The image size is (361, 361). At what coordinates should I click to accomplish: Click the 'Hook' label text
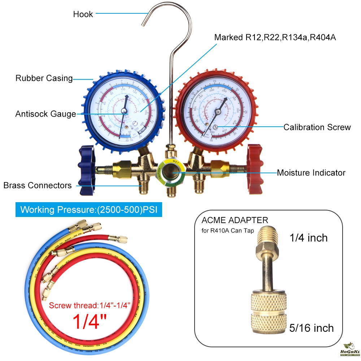click(x=83, y=14)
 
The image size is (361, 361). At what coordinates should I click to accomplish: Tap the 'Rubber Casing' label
click(x=44, y=78)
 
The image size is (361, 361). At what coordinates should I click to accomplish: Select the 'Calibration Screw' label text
click(x=317, y=127)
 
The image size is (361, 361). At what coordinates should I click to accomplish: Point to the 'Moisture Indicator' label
click(x=311, y=173)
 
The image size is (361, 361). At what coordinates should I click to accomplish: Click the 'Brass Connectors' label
click(x=38, y=186)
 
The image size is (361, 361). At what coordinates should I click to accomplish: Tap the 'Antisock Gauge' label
click(x=46, y=114)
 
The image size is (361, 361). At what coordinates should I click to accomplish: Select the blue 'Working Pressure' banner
click(x=88, y=210)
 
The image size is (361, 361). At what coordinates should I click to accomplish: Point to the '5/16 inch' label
click(x=312, y=328)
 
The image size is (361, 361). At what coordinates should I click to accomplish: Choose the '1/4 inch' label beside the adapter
click(x=309, y=238)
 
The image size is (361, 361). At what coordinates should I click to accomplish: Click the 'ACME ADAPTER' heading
click(x=235, y=220)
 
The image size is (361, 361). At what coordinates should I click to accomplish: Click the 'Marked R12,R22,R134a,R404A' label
click(x=275, y=38)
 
